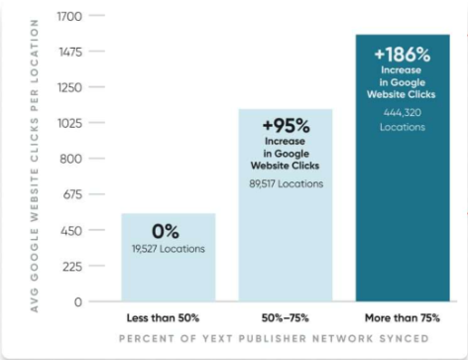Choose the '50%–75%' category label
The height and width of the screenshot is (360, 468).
(286, 318)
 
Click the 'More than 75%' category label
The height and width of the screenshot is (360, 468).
(403, 318)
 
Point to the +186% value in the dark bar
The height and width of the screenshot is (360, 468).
(403, 54)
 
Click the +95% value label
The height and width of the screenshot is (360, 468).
(286, 126)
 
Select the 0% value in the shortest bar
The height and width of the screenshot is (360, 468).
(167, 232)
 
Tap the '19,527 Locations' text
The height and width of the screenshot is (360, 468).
(168, 248)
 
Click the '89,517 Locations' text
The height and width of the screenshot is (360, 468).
(286, 183)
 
